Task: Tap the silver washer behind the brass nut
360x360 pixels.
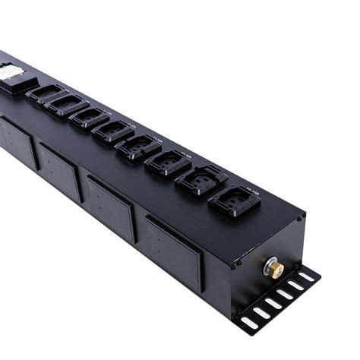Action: tap(269, 266)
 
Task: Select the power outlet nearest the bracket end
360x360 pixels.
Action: tap(235, 202)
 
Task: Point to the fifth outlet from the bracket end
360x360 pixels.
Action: tap(113, 131)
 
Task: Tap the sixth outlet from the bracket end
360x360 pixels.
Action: tap(89, 118)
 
